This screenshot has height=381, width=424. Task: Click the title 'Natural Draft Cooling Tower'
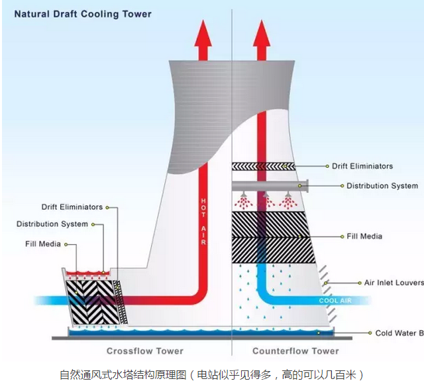click(x=83, y=14)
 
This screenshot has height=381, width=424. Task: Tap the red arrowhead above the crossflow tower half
click(x=203, y=33)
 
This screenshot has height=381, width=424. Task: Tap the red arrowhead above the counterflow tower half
click(x=261, y=33)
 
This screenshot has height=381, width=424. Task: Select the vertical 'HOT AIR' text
click(x=203, y=219)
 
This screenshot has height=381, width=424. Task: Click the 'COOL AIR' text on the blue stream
click(x=334, y=301)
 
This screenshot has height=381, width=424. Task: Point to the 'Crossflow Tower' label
click(x=145, y=350)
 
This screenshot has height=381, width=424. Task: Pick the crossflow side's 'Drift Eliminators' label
click(x=72, y=207)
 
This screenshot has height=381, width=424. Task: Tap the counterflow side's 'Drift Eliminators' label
click(x=362, y=166)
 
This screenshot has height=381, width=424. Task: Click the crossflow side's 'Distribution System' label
click(x=52, y=224)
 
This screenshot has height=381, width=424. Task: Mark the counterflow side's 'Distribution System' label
click(x=382, y=186)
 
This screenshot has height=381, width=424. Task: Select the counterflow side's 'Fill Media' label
click(x=364, y=236)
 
